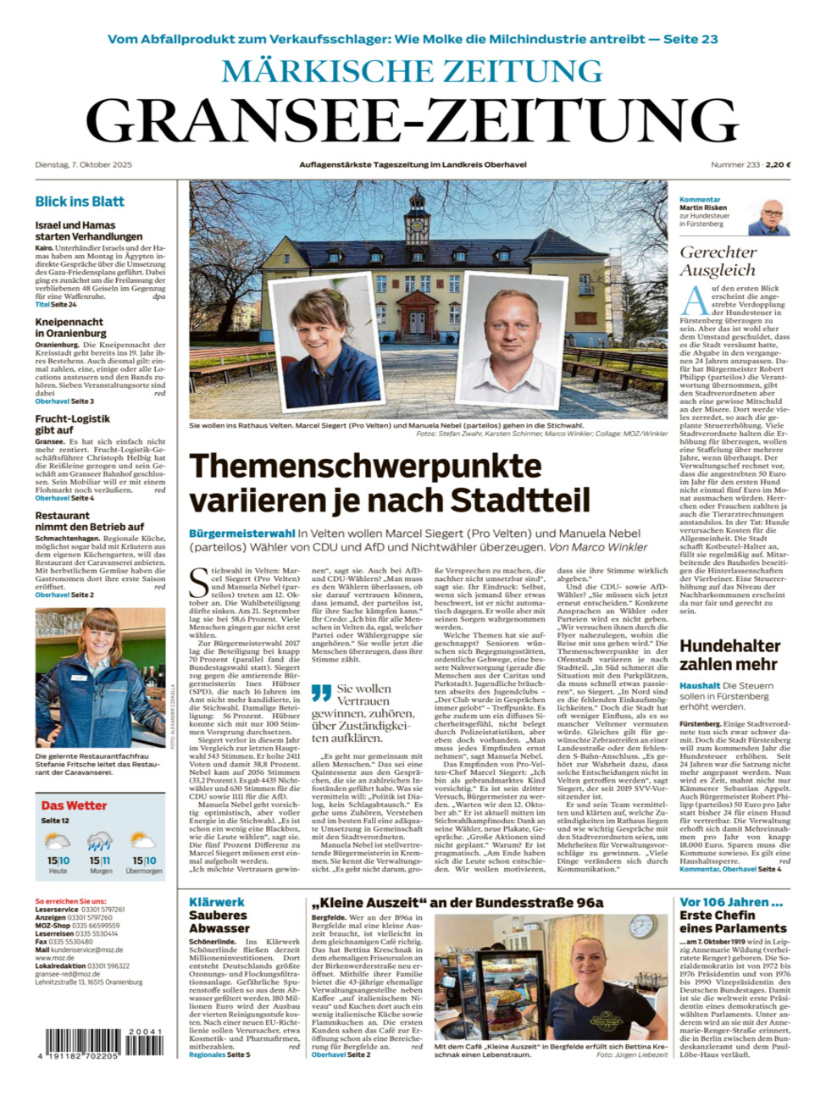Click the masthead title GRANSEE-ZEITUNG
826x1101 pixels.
413,119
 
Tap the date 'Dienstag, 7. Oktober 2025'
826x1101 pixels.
84,164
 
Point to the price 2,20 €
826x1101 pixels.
778,164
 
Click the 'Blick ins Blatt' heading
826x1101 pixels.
80,202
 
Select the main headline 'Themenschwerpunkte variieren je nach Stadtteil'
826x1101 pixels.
389,483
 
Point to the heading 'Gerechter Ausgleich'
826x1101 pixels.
718,261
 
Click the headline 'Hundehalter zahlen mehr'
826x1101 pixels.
729,655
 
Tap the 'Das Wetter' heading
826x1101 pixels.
75,805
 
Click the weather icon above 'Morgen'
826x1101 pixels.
100,843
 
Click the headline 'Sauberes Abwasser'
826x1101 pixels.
219,921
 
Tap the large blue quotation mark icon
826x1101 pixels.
321,694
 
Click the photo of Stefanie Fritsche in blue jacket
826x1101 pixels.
100,678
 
